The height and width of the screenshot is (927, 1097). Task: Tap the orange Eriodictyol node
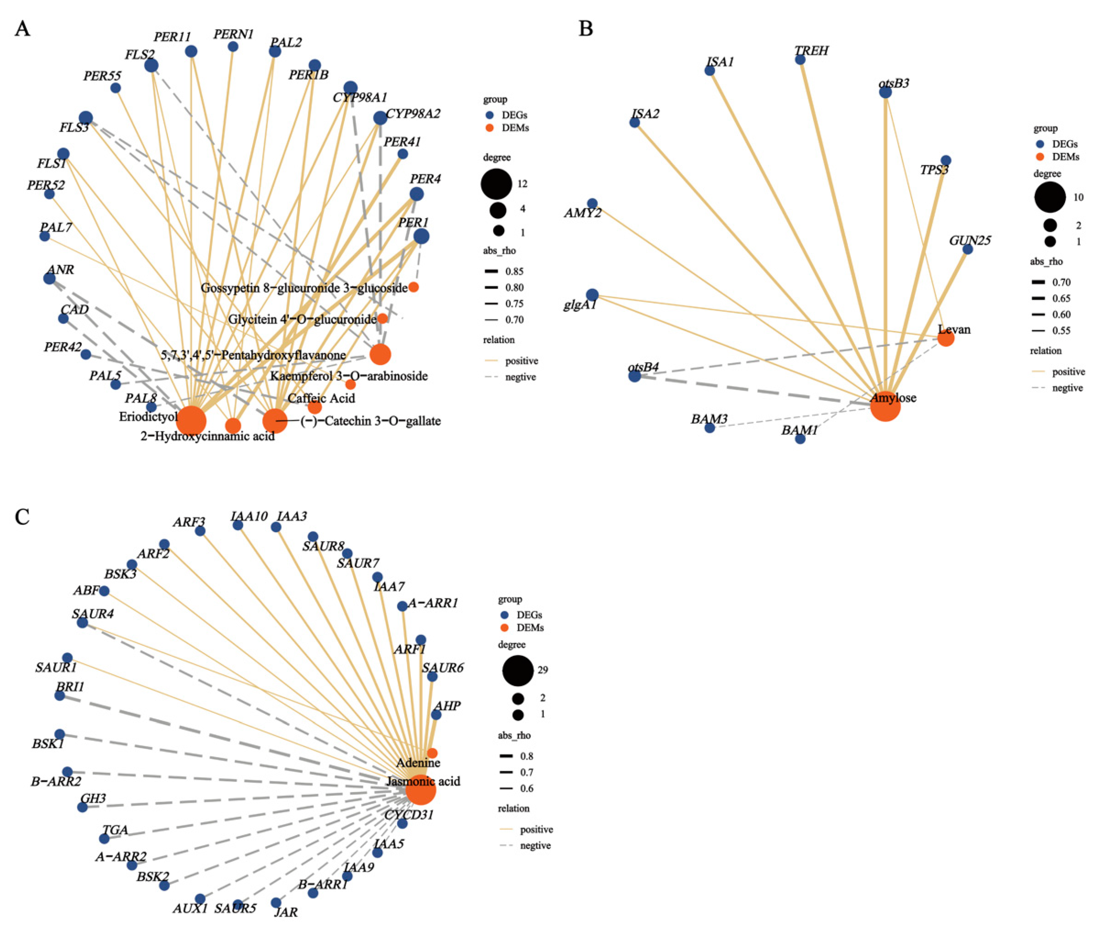click(191, 421)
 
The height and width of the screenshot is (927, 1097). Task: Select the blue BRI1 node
click(60, 695)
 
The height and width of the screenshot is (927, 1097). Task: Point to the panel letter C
click(22, 517)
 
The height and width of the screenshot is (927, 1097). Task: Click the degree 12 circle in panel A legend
click(496, 184)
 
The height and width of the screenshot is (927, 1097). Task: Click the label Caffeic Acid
click(321, 398)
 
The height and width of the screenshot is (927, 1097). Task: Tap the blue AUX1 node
click(200, 899)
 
